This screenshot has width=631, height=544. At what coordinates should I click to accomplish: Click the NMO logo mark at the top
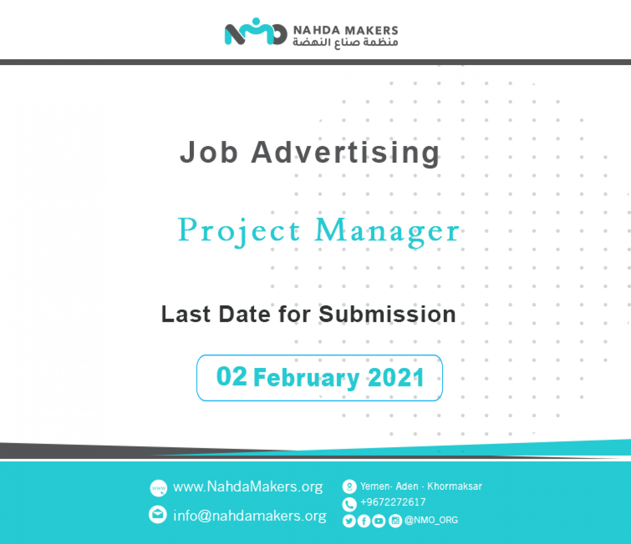[256, 32]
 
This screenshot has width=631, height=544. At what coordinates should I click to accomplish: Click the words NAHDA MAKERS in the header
[345, 31]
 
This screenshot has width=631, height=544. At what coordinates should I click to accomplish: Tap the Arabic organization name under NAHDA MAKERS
[345, 42]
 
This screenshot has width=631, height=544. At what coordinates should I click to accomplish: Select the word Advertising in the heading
[345, 153]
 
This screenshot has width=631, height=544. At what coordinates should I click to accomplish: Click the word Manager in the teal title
[387, 232]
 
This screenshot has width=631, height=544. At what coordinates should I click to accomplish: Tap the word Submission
[387, 314]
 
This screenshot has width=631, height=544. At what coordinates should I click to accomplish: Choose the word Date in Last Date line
[244, 314]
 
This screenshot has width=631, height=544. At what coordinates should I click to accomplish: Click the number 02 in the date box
[231, 376]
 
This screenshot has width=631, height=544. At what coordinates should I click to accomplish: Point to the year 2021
[396, 377]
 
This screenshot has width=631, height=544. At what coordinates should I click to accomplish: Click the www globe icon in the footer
[159, 488]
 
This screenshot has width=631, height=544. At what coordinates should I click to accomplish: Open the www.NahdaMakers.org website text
[248, 487]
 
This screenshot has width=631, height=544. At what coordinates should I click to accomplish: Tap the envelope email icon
[158, 515]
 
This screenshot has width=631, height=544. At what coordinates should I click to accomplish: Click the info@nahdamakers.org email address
[250, 515]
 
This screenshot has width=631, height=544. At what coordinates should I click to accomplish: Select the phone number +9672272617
[393, 502]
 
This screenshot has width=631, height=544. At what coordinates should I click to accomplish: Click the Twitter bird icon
[349, 521]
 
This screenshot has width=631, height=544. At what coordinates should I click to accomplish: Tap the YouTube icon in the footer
[379, 521]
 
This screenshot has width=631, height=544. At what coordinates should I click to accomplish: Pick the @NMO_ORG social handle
[431, 520]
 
